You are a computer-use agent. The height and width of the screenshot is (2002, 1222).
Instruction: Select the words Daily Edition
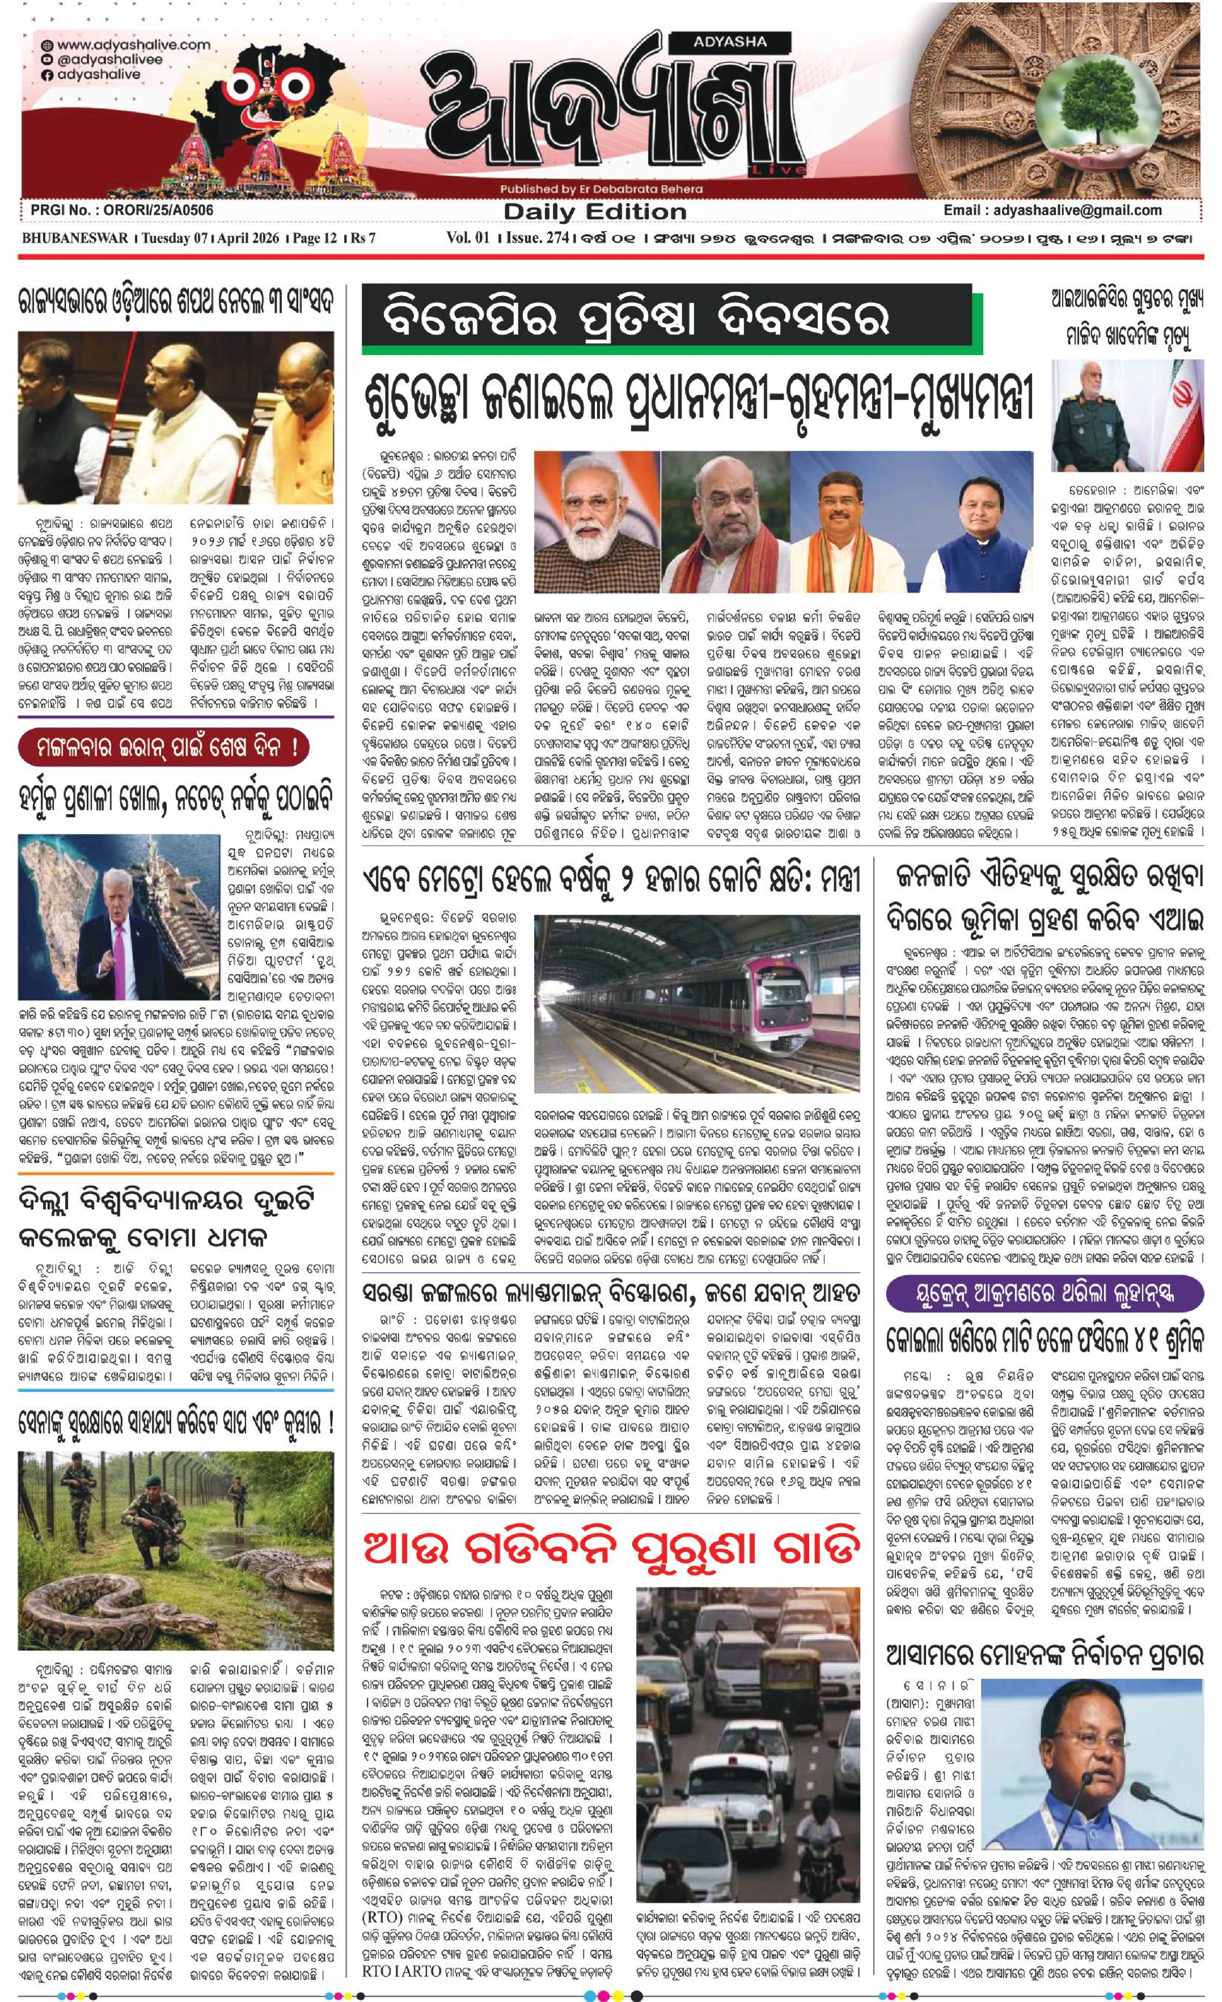595,212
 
